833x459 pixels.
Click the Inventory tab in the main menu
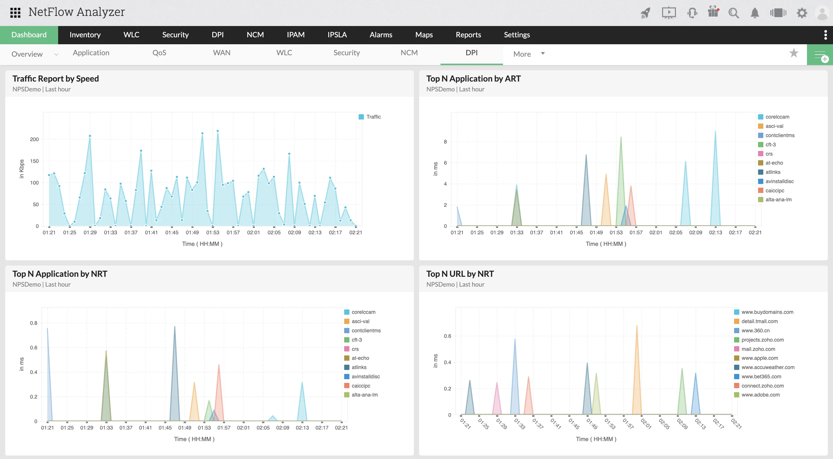(x=85, y=35)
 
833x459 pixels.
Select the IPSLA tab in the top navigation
(x=337, y=35)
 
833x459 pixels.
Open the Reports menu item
(x=468, y=35)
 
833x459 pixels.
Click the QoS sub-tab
(x=159, y=53)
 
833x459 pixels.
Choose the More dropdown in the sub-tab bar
(x=528, y=54)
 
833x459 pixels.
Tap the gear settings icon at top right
(x=802, y=13)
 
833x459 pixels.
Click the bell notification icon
(x=754, y=13)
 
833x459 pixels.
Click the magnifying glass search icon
(x=734, y=13)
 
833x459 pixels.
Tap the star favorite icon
(x=794, y=53)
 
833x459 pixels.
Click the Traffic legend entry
(x=373, y=117)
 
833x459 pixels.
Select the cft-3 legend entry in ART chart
(x=770, y=145)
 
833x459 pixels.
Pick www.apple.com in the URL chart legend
(x=759, y=358)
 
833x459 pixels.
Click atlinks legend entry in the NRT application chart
(x=359, y=367)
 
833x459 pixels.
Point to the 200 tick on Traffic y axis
(x=34, y=139)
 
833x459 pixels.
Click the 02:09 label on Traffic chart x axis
(x=294, y=233)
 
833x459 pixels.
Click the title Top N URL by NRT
(x=460, y=274)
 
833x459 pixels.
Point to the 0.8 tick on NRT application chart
(x=34, y=323)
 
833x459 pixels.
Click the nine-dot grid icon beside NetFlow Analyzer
(x=15, y=13)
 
